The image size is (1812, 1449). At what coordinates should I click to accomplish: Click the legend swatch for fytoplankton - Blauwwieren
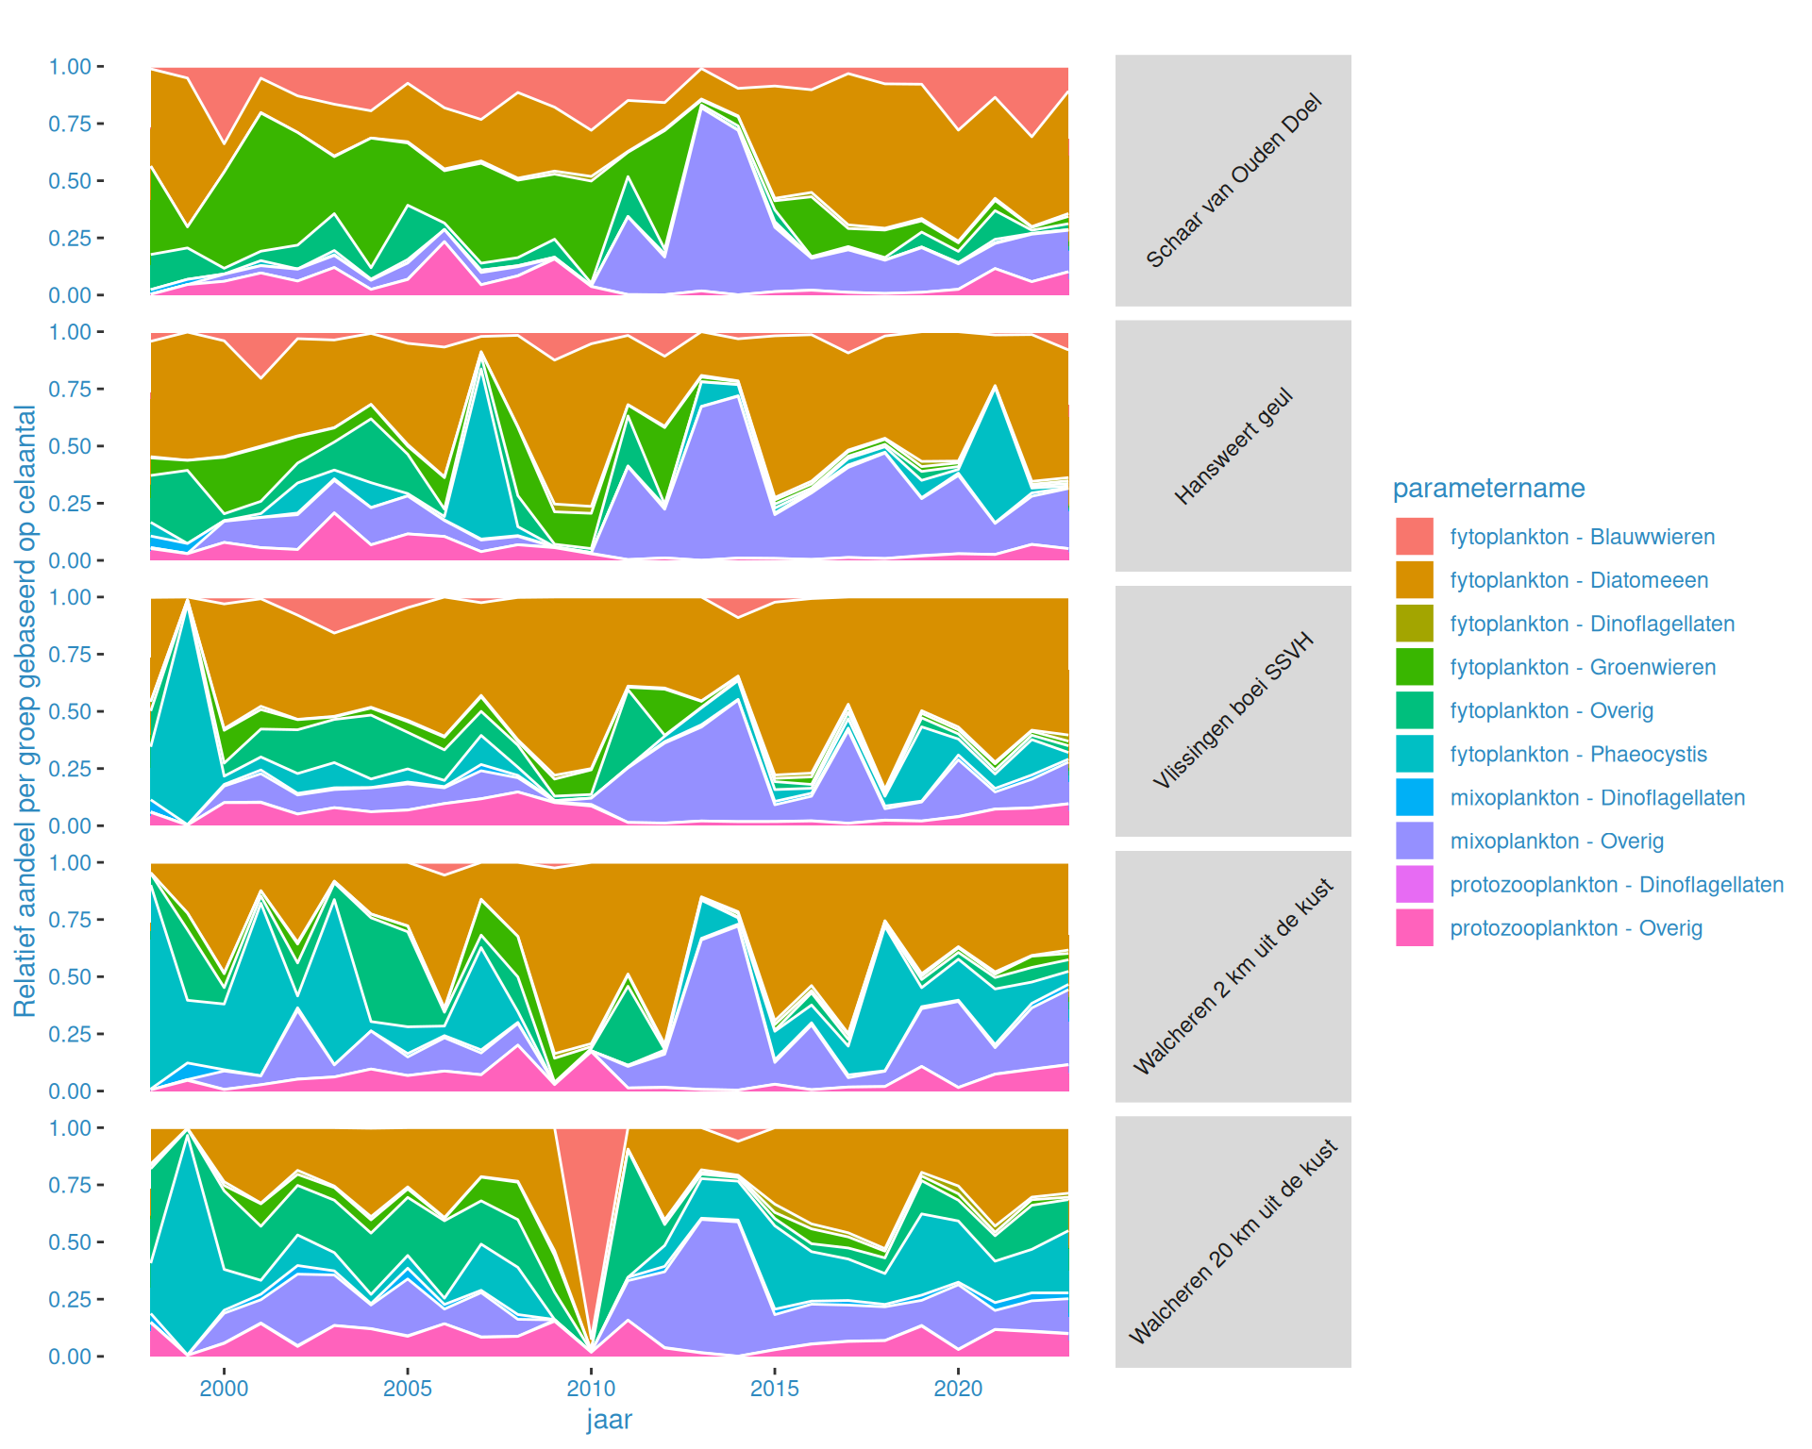pyautogui.click(x=1414, y=536)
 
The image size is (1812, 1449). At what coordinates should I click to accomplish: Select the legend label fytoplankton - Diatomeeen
pyautogui.click(x=1579, y=580)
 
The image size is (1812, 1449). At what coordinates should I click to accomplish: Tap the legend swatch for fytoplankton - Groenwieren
pyautogui.click(x=1414, y=667)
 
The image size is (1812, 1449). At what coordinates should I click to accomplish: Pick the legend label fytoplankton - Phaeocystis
pyautogui.click(x=1578, y=754)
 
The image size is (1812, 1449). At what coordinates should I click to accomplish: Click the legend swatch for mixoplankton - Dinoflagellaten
pyautogui.click(x=1414, y=797)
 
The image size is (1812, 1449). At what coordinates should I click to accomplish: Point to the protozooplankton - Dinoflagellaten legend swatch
pyautogui.click(x=1414, y=884)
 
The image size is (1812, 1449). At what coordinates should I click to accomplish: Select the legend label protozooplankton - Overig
pyautogui.click(x=1576, y=928)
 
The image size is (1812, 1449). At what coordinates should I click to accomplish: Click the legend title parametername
pyautogui.click(x=1488, y=488)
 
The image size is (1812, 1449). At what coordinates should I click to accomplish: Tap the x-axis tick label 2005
pyautogui.click(x=408, y=1389)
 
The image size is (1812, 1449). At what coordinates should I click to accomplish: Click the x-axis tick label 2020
pyautogui.click(x=958, y=1389)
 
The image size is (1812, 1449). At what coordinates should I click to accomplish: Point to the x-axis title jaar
pyautogui.click(x=609, y=1420)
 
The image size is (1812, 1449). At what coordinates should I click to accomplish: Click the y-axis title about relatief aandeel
pyautogui.click(x=25, y=711)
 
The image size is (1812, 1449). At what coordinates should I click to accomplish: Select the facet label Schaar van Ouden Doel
pyautogui.click(x=1233, y=180)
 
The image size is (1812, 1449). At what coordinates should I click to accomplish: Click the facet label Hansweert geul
pyautogui.click(x=1233, y=445)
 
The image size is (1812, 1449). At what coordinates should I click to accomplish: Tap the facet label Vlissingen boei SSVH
pyautogui.click(x=1233, y=710)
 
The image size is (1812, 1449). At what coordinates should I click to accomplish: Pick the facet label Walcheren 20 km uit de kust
pyautogui.click(x=1233, y=1241)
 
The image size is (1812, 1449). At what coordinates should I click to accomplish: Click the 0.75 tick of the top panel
pyautogui.click(x=70, y=124)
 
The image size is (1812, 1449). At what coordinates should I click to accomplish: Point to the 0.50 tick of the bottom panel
pyautogui.click(x=70, y=1242)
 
